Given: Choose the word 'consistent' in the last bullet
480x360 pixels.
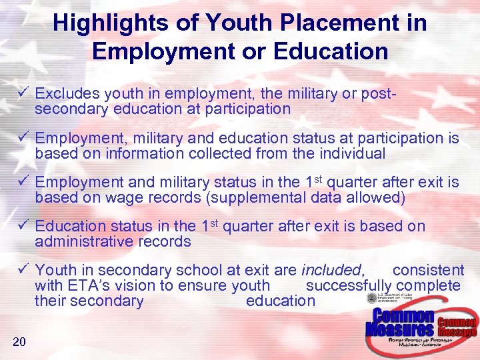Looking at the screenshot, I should pyautogui.click(x=428, y=270).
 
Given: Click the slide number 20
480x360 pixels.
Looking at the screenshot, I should pyautogui.click(x=19, y=342).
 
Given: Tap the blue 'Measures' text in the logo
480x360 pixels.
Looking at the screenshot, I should pyautogui.click(x=400, y=329).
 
